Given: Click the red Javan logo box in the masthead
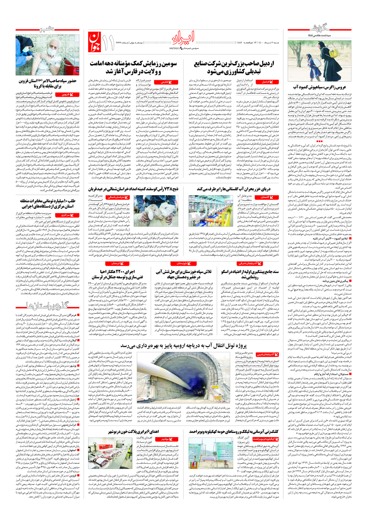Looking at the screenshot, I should pyautogui.click(x=95, y=42).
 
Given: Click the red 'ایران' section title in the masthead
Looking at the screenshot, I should pyautogui.click(x=183, y=37).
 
